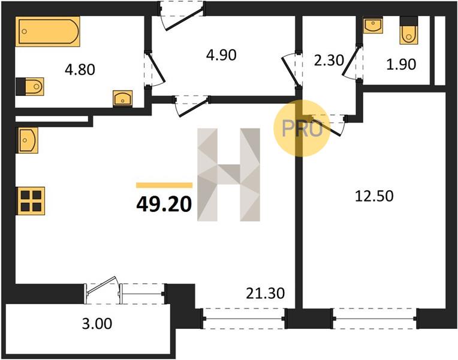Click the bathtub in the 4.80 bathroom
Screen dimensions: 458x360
point(47,31)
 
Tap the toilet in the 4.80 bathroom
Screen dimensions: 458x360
point(29,86)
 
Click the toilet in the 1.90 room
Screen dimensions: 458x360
point(409,31)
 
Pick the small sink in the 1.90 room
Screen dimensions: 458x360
point(373,25)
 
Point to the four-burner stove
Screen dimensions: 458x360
point(31,201)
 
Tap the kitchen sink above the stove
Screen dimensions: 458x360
point(28,140)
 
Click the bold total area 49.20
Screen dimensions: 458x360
point(164,204)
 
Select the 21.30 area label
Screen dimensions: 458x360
point(265,293)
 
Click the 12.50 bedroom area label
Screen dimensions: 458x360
point(374,196)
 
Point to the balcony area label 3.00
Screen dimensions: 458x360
point(97,324)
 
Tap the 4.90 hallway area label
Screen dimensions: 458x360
point(221,55)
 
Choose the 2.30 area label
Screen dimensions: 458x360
point(329,61)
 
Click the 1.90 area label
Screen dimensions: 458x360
point(401,64)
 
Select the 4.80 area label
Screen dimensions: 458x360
point(80,70)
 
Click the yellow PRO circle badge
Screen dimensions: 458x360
point(302,128)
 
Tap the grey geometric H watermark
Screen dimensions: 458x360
point(229,175)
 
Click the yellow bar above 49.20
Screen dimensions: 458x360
point(164,185)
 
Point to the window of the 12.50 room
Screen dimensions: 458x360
point(375,319)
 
